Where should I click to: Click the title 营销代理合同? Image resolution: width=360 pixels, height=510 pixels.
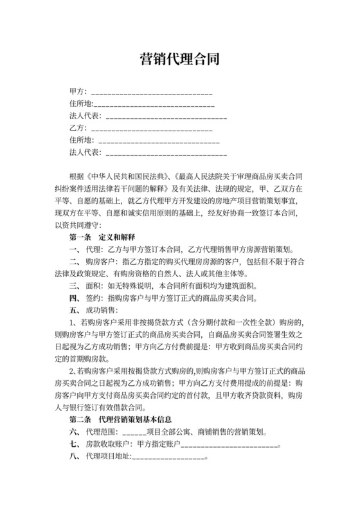(180, 60)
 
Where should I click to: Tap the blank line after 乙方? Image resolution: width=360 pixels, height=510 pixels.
(148, 129)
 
